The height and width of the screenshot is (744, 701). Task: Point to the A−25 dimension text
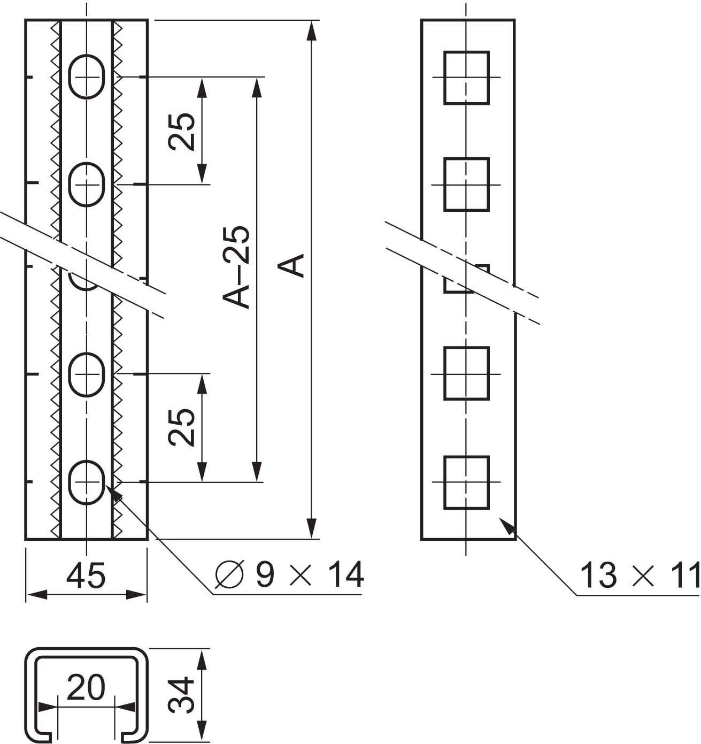pos(236,267)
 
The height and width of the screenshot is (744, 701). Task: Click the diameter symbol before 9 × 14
pos(230,574)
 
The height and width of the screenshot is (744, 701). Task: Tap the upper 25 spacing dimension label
pos(182,131)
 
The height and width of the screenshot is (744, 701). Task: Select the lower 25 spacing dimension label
pos(182,427)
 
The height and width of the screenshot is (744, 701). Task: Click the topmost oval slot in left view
pos(87,77)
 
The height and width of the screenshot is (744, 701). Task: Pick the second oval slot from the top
pos(87,185)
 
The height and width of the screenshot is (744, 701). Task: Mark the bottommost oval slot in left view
pos(87,482)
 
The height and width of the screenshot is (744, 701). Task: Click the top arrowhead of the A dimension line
pos(311,30)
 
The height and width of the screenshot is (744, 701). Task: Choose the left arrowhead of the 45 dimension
pos(37,594)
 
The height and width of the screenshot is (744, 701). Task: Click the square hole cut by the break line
pos(466,279)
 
